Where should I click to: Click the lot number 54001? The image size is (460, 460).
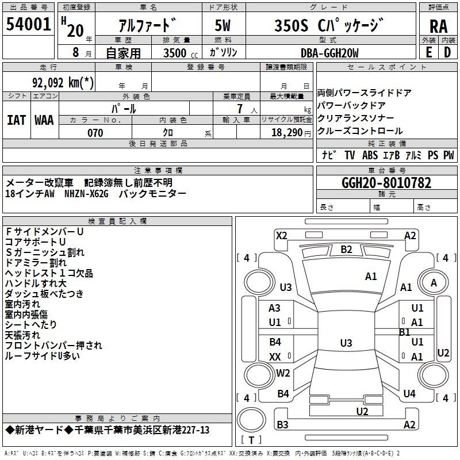click(x=28, y=24)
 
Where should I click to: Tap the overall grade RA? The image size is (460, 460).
click(x=439, y=26)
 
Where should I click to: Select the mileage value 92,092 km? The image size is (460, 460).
click(x=63, y=83)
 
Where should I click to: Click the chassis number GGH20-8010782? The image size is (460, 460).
click(x=386, y=183)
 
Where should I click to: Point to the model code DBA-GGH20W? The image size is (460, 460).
click(x=329, y=53)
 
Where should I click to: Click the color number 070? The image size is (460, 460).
click(x=95, y=133)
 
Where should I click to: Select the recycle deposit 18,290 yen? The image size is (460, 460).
click(x=291, y=133)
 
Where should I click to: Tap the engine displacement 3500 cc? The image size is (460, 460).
click(x=181, y=53)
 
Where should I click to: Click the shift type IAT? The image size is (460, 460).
click(x=16, y=120)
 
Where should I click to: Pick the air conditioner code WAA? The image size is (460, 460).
click(x=44, y=120)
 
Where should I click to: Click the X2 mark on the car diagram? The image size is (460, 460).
click(x=282, y=236)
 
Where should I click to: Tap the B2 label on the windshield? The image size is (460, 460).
click(x=346, y=250)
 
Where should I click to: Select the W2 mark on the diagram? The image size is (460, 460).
click(x=283, y=373)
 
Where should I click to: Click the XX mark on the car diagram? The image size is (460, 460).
click(x=275, y=356)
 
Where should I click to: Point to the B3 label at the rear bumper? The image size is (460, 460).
click(x=282, y=424)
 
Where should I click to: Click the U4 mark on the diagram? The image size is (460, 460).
click(x=409, y=393)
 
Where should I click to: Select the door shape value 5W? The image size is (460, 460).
click(x=223, y=25)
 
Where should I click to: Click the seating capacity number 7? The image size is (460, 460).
click(x=240, y=109)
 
